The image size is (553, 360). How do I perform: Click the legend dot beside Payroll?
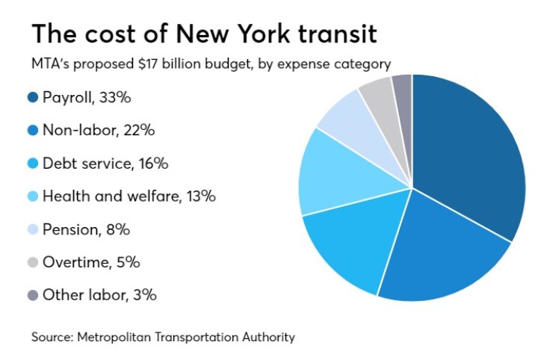33,97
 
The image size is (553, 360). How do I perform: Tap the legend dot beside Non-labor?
33,130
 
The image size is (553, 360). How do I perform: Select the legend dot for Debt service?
33,163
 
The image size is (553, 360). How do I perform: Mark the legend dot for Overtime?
33,262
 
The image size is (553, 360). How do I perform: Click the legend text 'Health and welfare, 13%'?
129,196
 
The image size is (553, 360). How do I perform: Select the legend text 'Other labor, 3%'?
99,295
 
